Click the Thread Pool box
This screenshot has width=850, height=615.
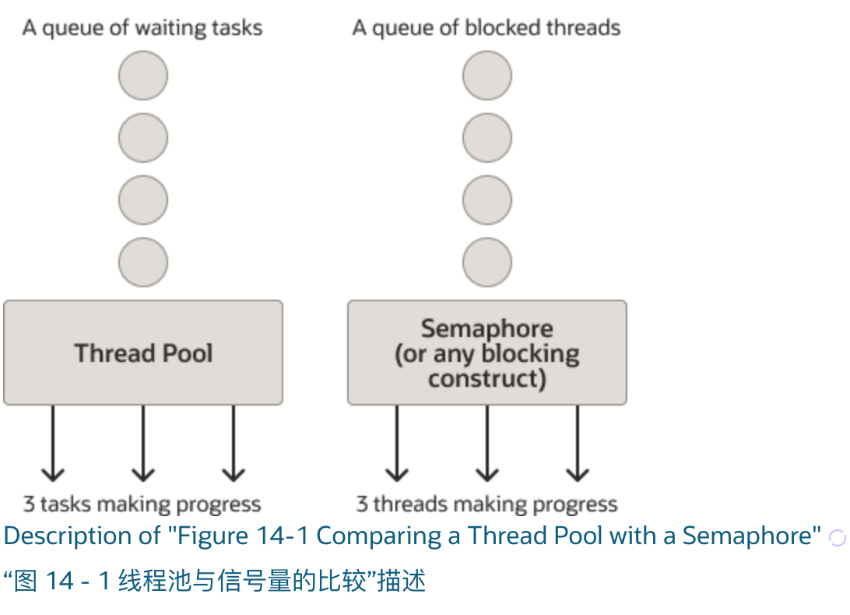pos(143,353)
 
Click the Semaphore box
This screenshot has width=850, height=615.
pos(486,353)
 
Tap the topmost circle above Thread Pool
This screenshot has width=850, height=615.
pos(143,76)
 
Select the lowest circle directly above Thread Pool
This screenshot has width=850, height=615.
pos(143,262)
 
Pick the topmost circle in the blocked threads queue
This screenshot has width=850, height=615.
pos(487,76)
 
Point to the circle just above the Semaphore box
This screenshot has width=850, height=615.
pos(487,262)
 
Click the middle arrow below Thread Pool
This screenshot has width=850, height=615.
pos(143,444)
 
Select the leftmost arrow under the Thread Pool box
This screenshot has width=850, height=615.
pos(53,444)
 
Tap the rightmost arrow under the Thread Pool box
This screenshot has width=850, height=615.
pos(234,444)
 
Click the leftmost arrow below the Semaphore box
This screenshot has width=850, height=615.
pos(397,444)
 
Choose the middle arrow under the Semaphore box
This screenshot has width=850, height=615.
pos(487,444)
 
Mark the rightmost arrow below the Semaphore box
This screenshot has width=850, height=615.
pos(577,444)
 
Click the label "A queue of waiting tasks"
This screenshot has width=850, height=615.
pos(142,29)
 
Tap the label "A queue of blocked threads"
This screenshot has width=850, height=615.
pos(486,29)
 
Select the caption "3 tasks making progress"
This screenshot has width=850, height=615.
pos(142,504)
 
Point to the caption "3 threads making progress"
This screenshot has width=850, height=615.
pos(486,504)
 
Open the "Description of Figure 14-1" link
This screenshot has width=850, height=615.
pos(413,536)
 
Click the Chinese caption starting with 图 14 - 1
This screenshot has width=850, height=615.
pos(215,581)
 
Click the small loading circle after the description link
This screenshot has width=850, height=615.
pos(837,537)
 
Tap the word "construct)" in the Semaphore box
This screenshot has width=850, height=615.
pos(487,379)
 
